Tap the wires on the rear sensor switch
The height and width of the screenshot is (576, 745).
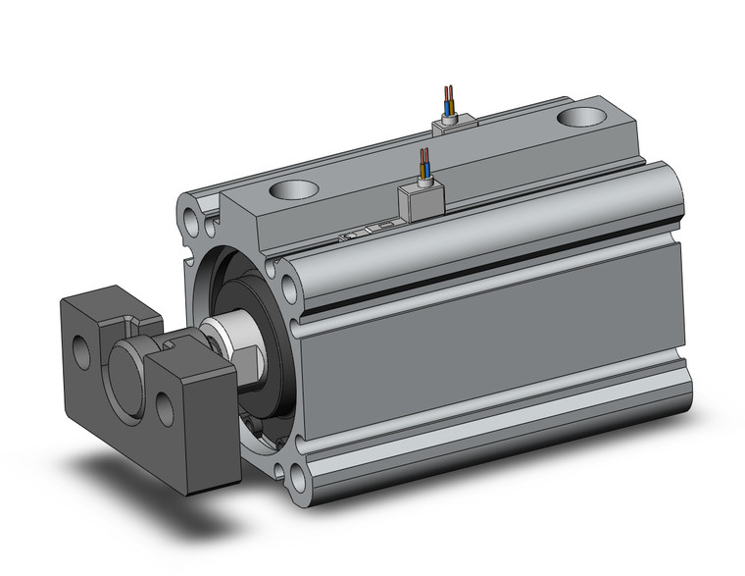pyautogui.click(x=449, y=99)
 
